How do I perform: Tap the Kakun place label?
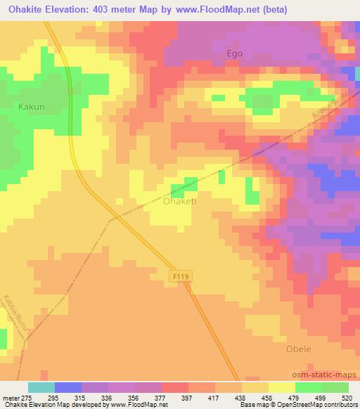pyautogui.click(x=32, y=107)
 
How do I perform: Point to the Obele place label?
pyautogui.click(x=298, y=349)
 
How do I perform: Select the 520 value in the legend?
pyautogui.click(x=347, y=397)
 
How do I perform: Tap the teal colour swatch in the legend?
pyautogui.click(x=41, y=387)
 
